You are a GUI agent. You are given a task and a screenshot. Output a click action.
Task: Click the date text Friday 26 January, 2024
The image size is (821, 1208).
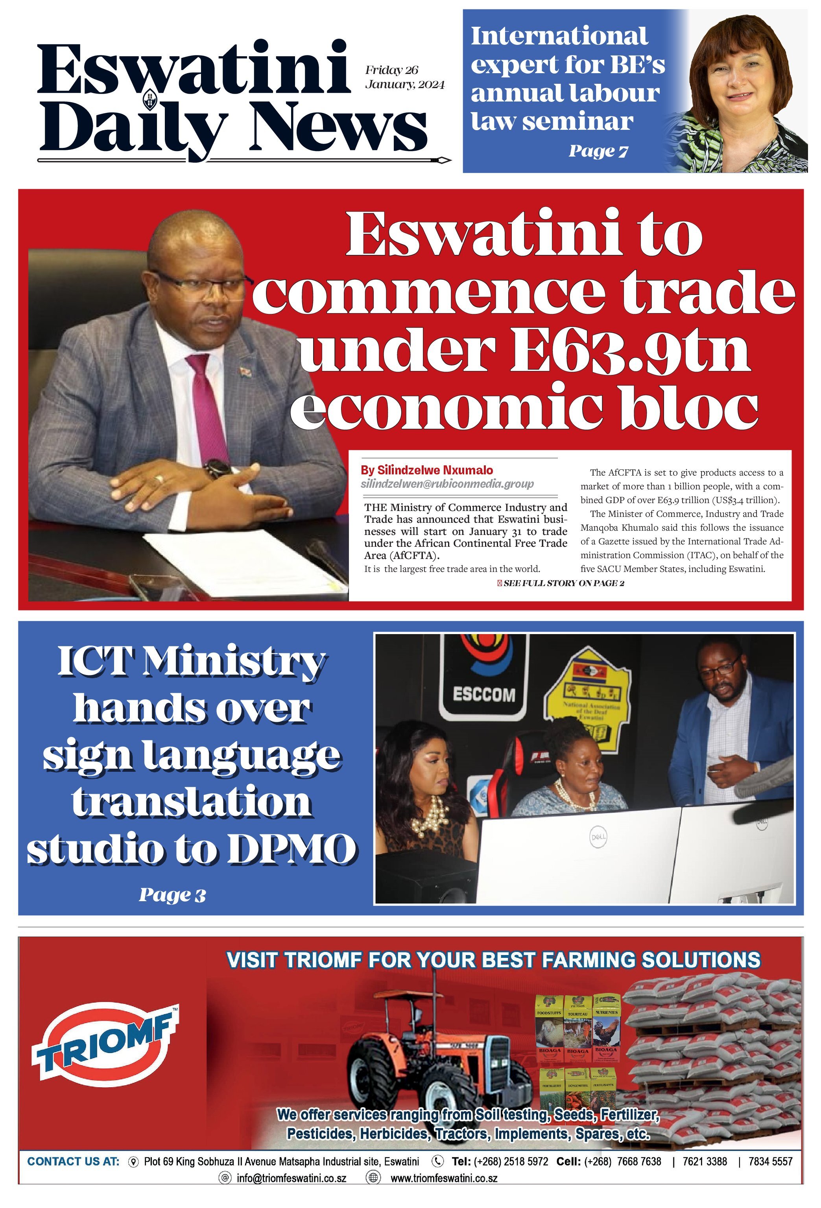[x=404, y=77]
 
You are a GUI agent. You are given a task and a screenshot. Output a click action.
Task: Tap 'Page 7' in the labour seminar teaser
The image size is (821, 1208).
[x=598, y=151]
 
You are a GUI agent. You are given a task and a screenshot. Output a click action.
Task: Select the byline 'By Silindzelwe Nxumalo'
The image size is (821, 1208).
[x=426, y=470]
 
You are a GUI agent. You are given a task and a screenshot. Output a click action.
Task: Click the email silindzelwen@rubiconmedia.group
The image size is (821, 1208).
[x=447, y=484]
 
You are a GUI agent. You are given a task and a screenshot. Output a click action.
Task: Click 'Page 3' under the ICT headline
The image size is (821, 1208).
[x=172, y=895]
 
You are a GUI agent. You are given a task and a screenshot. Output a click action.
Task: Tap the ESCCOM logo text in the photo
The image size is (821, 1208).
[x=483, y=694]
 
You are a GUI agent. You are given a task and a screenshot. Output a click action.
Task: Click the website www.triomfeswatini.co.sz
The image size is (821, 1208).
[x=443, y=1178]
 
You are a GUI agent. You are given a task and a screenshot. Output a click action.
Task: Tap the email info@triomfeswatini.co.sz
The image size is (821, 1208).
[x=291, y=1178]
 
